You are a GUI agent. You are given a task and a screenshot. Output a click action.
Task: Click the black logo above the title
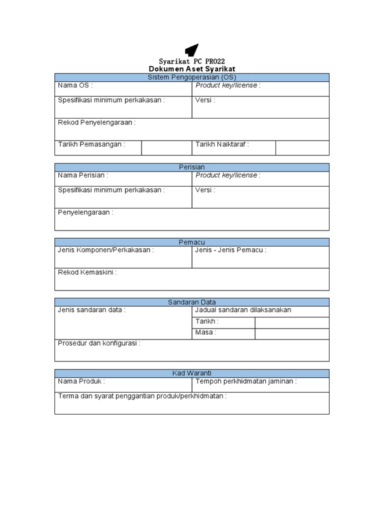(x=191, y=50)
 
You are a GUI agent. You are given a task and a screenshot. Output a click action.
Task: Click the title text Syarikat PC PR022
(x=192, y=61)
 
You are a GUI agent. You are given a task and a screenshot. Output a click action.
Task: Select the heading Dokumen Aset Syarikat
(x=192, y=69)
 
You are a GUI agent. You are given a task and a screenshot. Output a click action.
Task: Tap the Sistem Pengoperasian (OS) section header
(x=192, y=77)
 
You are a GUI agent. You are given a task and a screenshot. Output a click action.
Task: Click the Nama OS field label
(x=75, y=85)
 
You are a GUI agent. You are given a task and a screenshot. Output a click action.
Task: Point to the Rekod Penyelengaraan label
(x=96, y=122)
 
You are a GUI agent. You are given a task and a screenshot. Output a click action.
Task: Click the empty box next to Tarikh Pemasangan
(x=166, y=148)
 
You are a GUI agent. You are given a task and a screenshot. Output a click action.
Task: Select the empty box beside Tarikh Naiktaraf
(x=302, y=148)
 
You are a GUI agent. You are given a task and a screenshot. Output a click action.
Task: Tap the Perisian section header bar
(x=192, y=167)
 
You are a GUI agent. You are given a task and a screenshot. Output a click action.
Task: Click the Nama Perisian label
(x=82, y=175)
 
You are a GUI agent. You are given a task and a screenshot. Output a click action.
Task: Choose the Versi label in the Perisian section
(x=205, y=190)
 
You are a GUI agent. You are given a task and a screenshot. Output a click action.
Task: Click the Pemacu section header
(x=192, y=242)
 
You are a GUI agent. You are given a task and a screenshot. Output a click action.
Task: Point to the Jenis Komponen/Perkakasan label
(x=105, y=250)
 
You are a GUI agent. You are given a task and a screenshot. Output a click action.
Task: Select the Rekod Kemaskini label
(x=87, y=272)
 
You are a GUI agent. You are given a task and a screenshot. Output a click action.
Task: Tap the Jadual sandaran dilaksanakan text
(x=243, y=310)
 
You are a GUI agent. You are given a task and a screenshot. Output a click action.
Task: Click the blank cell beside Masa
(x=292, y=333)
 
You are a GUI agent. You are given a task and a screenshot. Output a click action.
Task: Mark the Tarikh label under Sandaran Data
(x=207, y=321)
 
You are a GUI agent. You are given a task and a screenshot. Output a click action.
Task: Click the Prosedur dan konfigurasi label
(x=99, y=343)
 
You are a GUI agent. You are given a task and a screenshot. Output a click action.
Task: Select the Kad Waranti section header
(x=192, y=373)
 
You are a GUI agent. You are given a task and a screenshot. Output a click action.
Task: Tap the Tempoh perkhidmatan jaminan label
(x=246, y=381)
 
